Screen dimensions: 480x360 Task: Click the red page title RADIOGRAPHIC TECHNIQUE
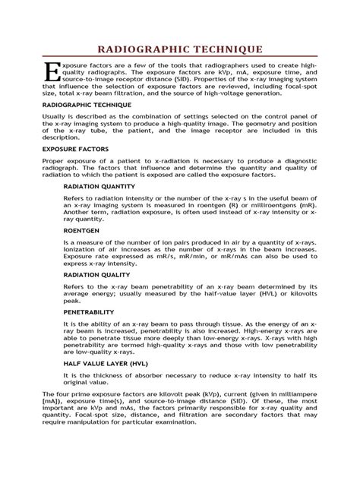point(180,49)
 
